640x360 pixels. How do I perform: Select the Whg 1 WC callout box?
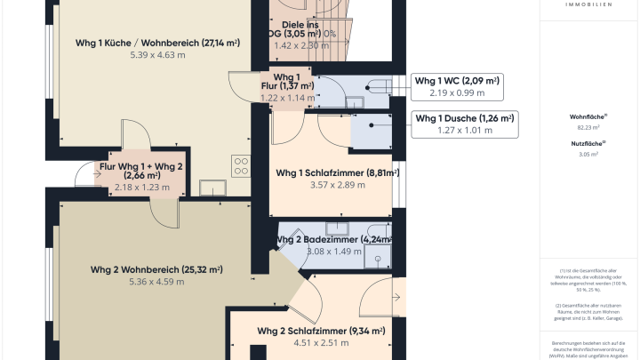pyautogui.click(x=458, y=86)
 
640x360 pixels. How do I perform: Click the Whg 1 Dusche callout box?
pyautogui.click(x=465, y=124)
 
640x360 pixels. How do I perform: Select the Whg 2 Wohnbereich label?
pyautogui.click(x=156, y=269)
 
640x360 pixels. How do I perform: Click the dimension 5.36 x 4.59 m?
pyautogui.click(x=156, y=282)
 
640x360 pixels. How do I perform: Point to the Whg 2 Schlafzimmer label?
pyautogui.click(x=321, y=331)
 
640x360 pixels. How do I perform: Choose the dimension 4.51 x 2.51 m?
pyautogui.click(x=321, y=343)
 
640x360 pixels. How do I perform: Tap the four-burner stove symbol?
pyautogui.click(x=241, y=164)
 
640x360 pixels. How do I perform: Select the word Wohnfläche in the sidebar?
pyautogui.click(x=587, y=116)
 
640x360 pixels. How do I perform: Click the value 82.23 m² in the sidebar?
pyautogui.click(x=588, y=127)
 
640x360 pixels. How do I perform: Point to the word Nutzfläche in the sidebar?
pyautogui.click(x=588, y=143)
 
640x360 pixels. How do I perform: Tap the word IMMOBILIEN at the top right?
pyautogui.click(x=588, y=4)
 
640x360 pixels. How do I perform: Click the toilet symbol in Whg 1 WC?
pyautogui.click(x=375, y=86)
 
